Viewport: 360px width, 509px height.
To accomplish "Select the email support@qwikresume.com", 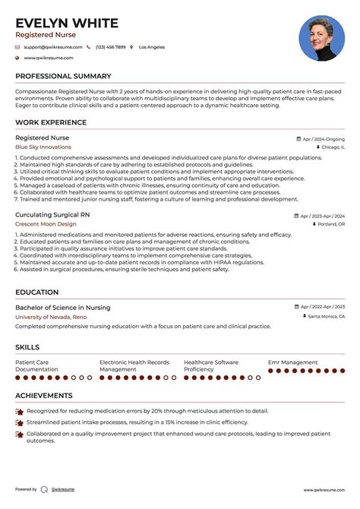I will (x=49, y=47).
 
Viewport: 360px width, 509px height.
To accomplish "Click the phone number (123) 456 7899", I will (x=111, y=47).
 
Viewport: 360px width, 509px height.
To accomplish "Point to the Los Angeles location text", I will (x=152, y=47).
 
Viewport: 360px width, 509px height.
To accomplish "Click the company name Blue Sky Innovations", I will (x=43, y=147).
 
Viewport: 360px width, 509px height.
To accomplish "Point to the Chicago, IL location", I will (x=327, y=148).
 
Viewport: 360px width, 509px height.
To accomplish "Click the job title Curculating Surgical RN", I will (x=52, y=215).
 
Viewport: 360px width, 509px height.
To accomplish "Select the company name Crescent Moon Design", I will (x=46, y=225).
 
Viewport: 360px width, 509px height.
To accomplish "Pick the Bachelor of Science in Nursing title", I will (x=62, y=308).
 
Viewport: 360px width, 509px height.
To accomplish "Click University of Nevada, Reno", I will (x=51, y=317).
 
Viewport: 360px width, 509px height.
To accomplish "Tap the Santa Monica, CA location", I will (x=326, y=317).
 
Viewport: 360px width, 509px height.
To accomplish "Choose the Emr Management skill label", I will (x=293, y=362).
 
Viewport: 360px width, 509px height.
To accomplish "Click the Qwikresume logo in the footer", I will (x=45, y=489).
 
